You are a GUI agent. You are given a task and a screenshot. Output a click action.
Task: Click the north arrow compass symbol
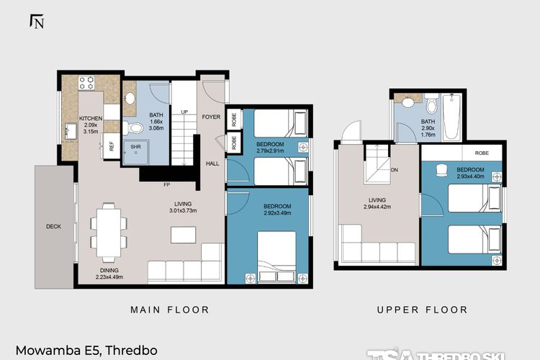click(x=37, y=21)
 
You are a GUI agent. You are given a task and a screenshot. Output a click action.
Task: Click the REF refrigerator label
click(x=112, y=145)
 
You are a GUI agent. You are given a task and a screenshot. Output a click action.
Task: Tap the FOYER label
click(x=211, y=117)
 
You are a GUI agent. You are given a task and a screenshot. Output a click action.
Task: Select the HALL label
click(x=212, y=163)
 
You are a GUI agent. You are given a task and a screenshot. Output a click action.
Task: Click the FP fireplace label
click(x=166, y=185)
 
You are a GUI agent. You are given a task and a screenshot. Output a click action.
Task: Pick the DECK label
click(x=53, y=226)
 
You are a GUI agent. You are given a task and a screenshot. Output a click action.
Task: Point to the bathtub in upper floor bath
click(x=451, y=118)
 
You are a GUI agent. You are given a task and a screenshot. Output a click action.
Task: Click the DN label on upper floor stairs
click(x=394, y=171)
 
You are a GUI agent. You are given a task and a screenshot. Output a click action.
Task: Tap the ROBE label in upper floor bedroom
click(x=483, y=153)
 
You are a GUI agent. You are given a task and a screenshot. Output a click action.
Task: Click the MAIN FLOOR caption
click(x=169, y=310)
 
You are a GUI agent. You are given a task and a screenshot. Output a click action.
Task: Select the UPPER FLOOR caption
click(x=422, y=310)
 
